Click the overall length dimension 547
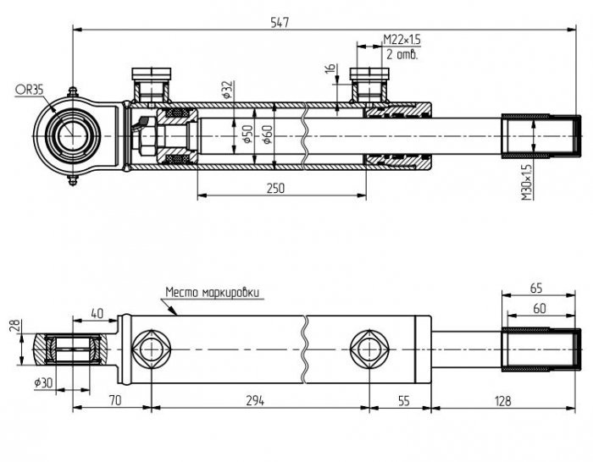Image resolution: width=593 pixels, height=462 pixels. point(280,22)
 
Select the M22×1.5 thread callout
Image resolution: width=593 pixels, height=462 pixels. point(402,39)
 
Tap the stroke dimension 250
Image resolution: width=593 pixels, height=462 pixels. point(275,188)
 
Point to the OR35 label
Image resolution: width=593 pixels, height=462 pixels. point(29,90)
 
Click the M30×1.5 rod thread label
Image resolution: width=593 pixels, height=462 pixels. point(527,180)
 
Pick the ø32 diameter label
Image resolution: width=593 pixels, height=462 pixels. point(228,90)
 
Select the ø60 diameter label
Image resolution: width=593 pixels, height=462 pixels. point(267,135)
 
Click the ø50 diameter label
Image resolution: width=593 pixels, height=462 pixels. point(247,135)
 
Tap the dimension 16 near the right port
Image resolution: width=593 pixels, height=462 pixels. point(330,69)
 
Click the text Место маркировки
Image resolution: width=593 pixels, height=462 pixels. point(213,293)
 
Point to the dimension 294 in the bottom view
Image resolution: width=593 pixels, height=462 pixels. point(255,400)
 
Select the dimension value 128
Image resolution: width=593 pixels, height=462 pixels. point(502,400)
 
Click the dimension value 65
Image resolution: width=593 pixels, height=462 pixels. point(536,289)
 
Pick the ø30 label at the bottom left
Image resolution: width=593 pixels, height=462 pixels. point(43,383)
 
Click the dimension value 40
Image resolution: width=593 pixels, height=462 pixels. point(97,313)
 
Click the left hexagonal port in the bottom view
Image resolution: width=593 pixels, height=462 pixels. point(152,349)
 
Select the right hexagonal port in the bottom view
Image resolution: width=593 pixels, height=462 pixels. point(369,349)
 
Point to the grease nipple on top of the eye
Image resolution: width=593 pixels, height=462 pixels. point(73,91)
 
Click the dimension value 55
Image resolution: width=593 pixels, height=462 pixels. point(404,400)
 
